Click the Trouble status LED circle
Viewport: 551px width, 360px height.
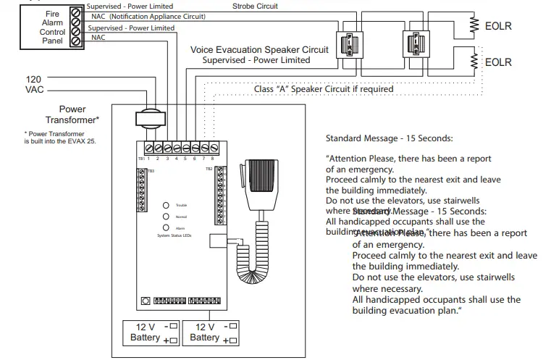pyautogui.click(x=166, y=206)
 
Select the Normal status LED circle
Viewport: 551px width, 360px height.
pyautogui.click(x=166, y=217)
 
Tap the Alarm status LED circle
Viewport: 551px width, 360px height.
pyautogui.click(x=166, y=227)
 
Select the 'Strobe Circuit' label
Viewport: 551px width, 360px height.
pyautogui.click(x=255, y=6)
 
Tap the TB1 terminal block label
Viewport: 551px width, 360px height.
pyautogui.click(x=140, y=157)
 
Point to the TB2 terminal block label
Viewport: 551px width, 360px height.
pyautogui.click(x=209, y=169)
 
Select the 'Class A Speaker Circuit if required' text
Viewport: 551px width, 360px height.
pyautogui.click(x=324, y=89)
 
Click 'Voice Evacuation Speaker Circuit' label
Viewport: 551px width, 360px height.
pyautogui.click(x=258, y=50)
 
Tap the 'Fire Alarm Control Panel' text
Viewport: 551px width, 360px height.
pyautogui.click(x=53, y=28)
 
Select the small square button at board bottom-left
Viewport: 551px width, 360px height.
pyautogui.click(x=145, y=301)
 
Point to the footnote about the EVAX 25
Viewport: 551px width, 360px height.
pyautogui.click(x=59, y=138)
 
